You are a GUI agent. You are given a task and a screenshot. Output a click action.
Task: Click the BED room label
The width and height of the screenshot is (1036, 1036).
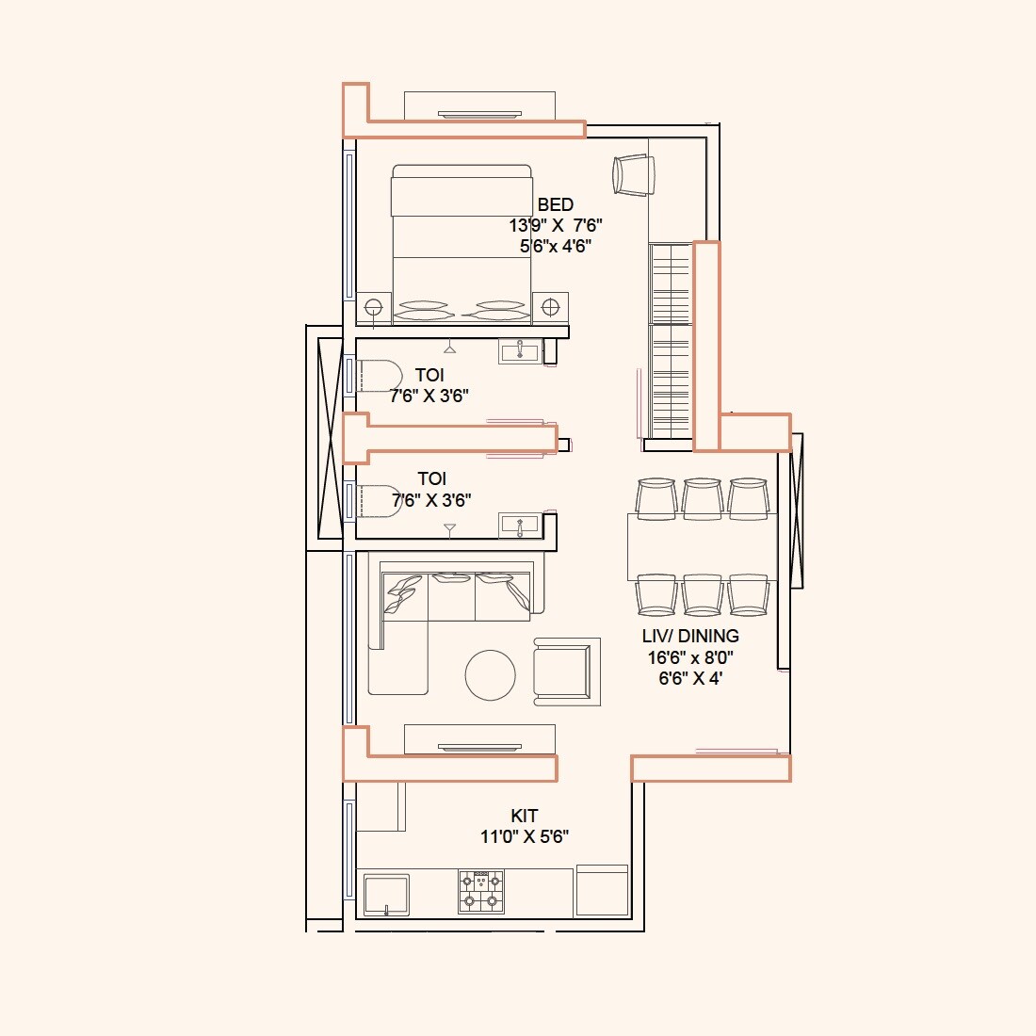pos(555,204)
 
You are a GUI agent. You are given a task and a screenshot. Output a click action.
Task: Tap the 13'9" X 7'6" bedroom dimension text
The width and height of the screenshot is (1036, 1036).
pos(555,225)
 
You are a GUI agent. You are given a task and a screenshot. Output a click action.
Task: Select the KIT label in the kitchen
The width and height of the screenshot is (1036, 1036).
pos(525,816)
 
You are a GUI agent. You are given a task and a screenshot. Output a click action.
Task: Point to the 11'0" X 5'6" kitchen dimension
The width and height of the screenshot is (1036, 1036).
pos(525,836)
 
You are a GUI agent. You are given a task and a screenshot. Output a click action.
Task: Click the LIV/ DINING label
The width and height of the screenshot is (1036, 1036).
pos(690,636)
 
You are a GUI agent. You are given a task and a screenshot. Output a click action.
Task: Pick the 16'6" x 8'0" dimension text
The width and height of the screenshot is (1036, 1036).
pos(690,657)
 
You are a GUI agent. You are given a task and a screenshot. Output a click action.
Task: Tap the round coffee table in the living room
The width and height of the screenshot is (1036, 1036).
pos(491,675)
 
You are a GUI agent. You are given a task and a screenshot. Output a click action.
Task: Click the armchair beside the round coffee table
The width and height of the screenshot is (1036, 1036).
pos(566,672)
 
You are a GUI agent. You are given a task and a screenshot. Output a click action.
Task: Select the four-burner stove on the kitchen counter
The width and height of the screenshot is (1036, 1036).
pos(481,891)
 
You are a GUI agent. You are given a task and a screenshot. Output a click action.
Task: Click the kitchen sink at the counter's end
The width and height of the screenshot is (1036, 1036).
pos(386,895)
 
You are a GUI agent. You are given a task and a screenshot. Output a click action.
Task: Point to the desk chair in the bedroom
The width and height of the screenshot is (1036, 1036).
pos(633,175)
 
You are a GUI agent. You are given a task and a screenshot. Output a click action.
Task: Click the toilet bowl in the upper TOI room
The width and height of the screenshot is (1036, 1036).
pos(378,376)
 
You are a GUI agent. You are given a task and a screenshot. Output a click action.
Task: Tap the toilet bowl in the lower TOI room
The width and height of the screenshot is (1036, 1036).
pos(378,502)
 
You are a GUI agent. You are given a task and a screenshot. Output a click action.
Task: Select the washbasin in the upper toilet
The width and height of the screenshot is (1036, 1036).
pos(519,352)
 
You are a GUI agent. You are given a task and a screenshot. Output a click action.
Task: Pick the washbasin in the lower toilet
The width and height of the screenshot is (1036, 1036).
pos(519,525)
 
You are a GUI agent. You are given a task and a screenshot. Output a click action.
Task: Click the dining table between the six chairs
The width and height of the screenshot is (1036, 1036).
pos(702,546)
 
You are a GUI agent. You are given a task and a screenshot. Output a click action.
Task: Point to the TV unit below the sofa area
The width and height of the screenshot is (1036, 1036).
pos(479,739)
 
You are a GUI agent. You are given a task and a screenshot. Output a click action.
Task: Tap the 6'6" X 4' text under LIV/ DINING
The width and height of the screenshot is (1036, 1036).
pos(690,678)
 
